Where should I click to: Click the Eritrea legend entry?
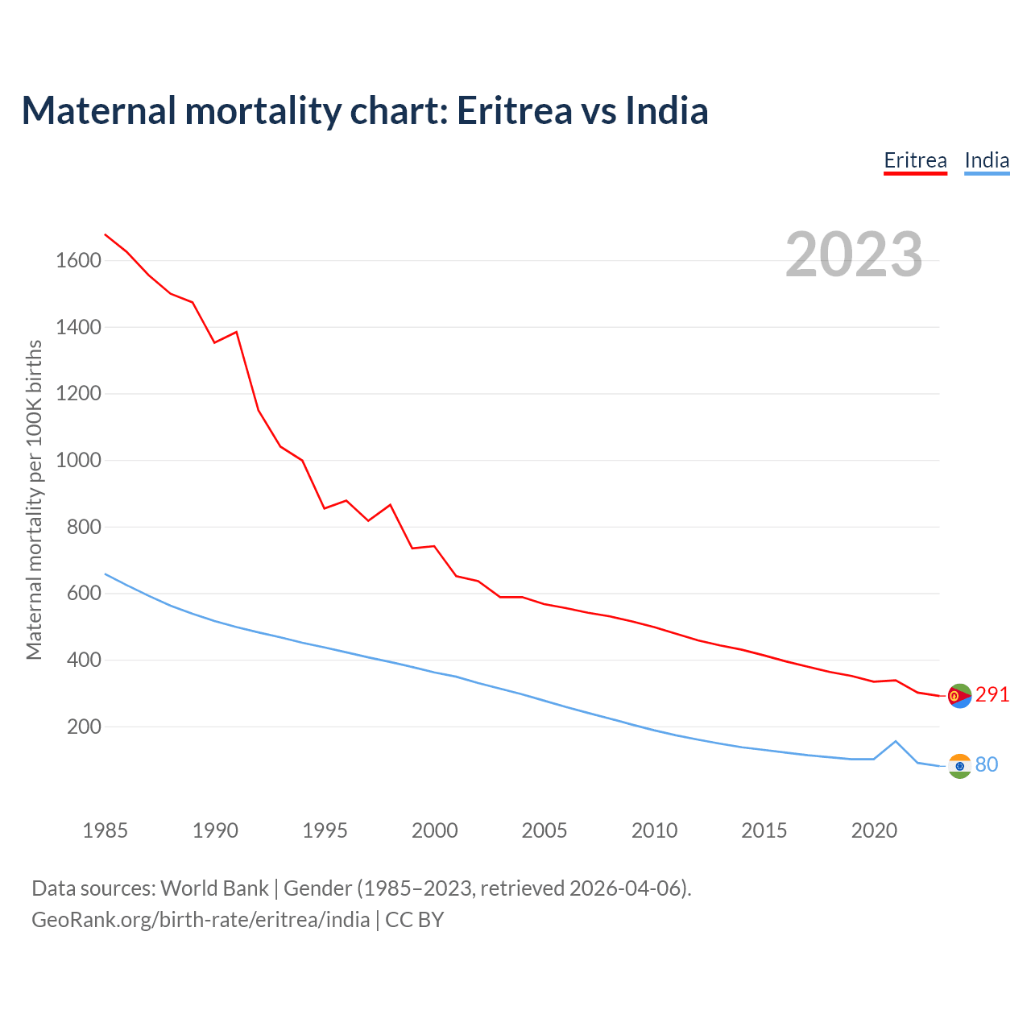coord(915,160)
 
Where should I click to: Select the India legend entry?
coord(987,160)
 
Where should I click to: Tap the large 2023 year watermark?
coord(854,255)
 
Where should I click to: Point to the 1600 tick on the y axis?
coord(78,260)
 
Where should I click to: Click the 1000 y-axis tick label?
coord(78,460)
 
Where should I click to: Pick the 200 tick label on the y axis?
coord(84,727)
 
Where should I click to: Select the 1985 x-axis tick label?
coord(105,830)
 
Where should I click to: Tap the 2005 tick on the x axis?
coord(544,830)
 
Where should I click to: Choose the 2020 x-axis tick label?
coord(874,830)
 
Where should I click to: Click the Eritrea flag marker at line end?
coord(959,696)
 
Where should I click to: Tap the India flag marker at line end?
coord(959,766)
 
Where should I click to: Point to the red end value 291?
coord(992,694)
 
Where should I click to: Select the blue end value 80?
coord(987,764)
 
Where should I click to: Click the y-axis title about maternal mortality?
coord(34,499)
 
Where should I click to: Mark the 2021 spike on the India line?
coord(896,741)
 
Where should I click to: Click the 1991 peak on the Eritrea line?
coord(236,332)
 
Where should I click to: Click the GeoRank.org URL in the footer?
coord(201,920)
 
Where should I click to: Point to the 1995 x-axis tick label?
coord(325,830)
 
